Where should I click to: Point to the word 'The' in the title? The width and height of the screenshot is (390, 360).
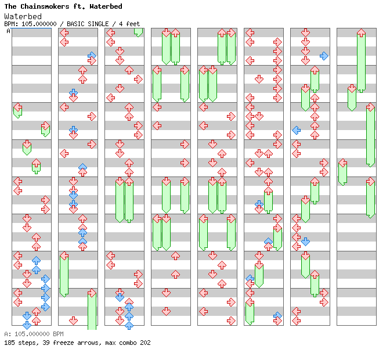[x=11, y=6]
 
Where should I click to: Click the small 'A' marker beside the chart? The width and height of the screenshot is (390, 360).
[x=9, y=31]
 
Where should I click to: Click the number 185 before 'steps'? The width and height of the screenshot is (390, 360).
[x=9, y=343]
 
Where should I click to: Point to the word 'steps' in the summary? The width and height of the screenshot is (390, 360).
[x=27, y=343]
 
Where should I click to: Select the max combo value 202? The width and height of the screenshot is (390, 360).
[x=145, y=343]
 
